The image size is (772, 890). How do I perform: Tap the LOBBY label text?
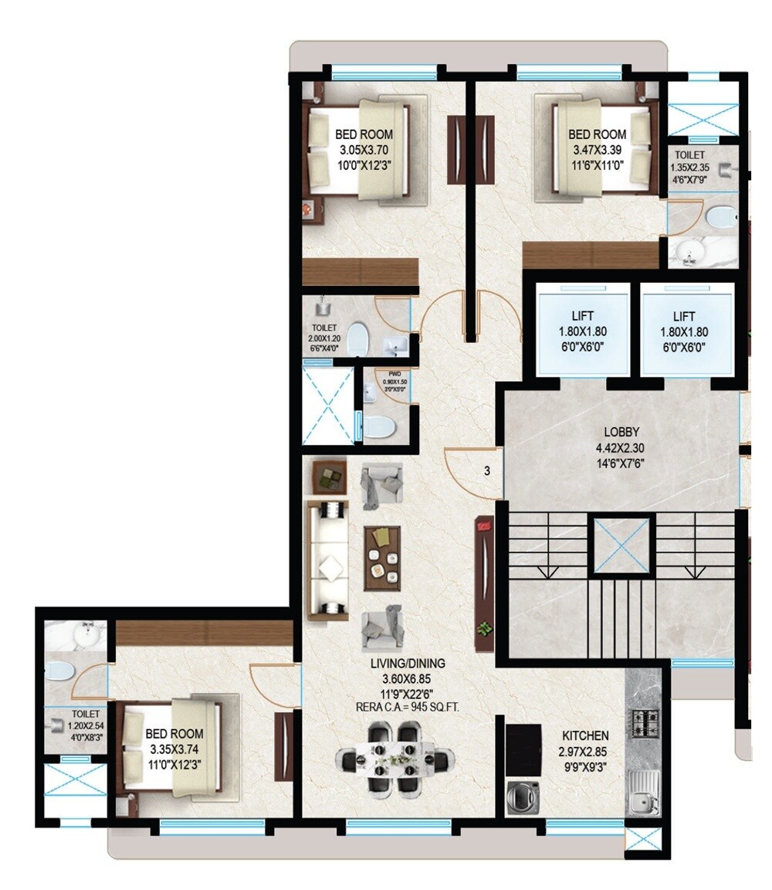click(622, 433)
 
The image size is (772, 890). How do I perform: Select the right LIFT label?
click(683, 316)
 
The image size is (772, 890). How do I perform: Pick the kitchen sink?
click(643, 793)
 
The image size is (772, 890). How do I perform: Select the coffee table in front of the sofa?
click(382, 557)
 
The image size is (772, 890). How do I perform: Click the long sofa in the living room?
click(327, 560)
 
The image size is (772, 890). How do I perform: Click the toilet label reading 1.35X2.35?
click(689, 167)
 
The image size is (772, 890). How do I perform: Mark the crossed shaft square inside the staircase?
click(621, 546)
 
